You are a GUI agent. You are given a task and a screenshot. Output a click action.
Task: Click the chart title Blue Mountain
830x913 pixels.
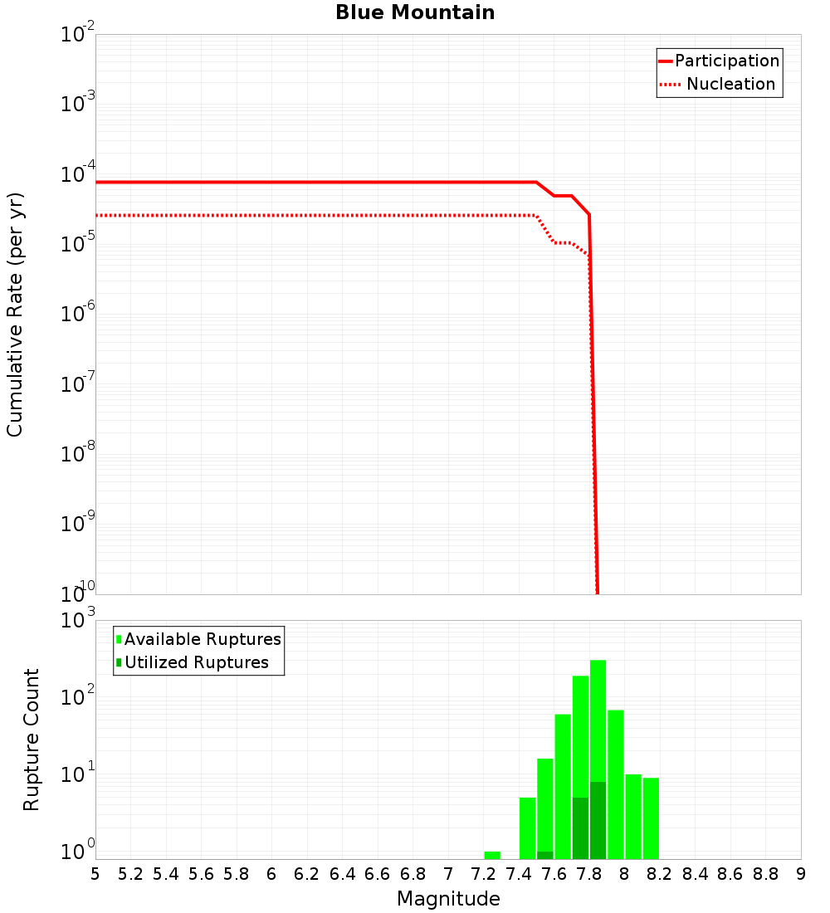tap(415, 12)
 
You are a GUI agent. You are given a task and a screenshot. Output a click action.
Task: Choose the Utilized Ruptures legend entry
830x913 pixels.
tap(196, 662)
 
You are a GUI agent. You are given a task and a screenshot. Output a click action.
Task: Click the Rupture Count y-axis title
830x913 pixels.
tap(32, 739)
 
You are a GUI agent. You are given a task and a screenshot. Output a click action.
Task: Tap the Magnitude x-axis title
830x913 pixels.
tap(448, 899)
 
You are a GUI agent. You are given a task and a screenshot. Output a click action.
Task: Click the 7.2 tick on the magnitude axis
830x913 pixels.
tap(483, 873)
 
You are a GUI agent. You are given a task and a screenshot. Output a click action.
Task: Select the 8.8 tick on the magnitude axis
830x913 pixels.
tap(765, 873)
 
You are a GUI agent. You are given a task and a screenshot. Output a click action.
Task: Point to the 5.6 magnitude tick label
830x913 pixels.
tap(201, 873)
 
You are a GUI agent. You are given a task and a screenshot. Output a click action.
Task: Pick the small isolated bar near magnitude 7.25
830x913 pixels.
tap(492, 855)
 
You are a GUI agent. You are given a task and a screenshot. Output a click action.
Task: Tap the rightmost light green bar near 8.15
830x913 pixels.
tap(651, 818)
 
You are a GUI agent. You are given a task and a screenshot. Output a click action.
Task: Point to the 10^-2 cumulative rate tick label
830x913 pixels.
tap(78, 35)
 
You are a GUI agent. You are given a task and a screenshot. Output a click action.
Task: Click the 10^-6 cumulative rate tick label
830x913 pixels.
tap(78, 315)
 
